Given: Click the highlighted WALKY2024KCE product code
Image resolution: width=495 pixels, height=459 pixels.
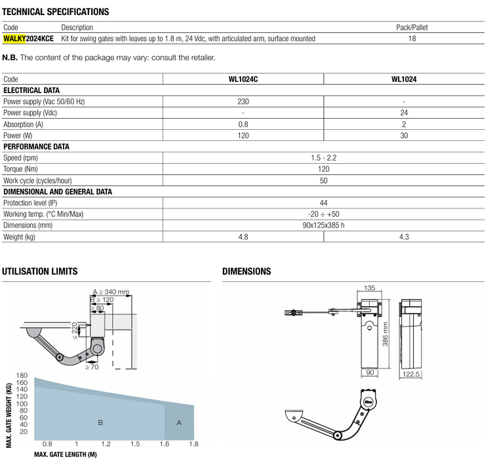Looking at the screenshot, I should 28,39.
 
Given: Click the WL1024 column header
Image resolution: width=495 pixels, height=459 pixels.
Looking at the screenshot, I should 404,79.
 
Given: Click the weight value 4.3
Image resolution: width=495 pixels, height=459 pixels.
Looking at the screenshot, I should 404,237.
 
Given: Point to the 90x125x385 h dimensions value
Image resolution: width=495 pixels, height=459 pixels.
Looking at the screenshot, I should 323,226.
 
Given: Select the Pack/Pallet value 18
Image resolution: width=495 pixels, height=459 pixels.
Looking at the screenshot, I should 412,39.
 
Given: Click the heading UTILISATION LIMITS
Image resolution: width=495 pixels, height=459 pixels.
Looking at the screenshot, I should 40,271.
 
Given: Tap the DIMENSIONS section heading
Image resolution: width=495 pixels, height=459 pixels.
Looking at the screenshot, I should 247,271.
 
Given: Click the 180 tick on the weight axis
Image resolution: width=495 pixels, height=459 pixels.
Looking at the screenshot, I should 23,376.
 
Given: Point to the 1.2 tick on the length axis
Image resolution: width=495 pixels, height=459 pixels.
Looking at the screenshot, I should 106,444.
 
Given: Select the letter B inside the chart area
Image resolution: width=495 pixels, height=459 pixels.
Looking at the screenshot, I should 100,423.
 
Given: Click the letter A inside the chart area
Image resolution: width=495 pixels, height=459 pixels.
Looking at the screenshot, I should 179,423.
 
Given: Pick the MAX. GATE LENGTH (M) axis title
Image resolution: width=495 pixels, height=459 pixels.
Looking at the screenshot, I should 65,454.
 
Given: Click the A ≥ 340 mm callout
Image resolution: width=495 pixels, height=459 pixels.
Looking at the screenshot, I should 111,292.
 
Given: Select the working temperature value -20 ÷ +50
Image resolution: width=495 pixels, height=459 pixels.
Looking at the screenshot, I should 323,214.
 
